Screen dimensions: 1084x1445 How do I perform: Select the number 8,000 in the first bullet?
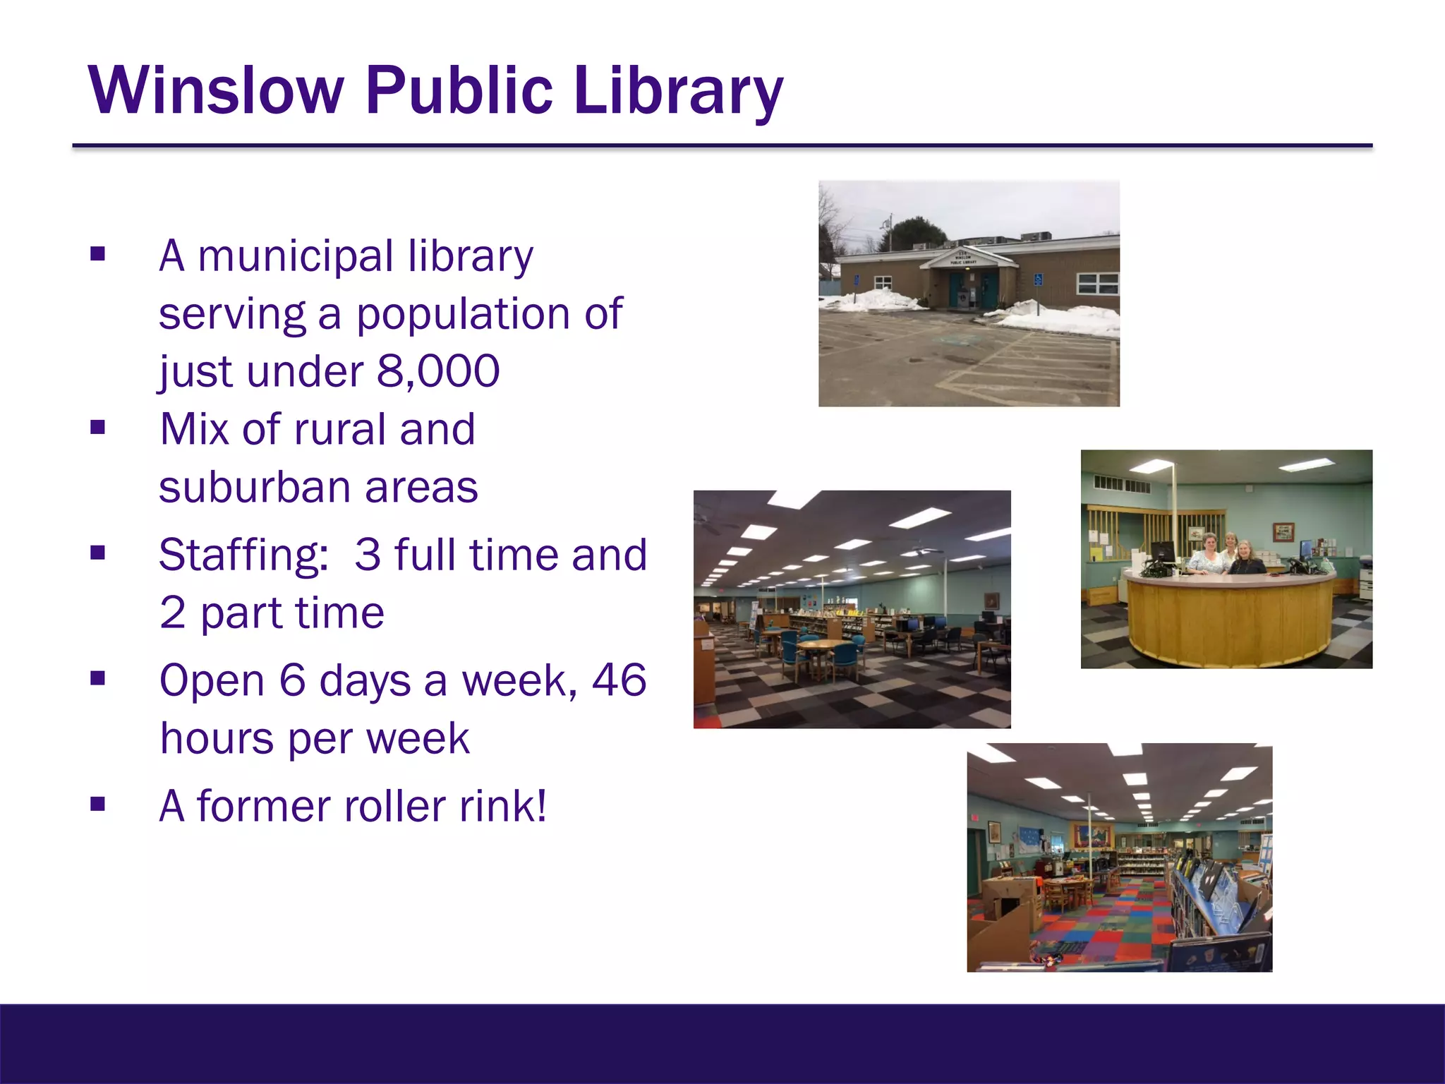(438, 371)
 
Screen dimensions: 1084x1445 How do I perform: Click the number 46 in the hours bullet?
(619, 680)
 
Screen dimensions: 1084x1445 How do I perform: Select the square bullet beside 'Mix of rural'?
(98, 428)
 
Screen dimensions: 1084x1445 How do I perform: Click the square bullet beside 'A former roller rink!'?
(98, 805)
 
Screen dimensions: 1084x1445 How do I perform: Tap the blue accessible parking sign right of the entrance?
(1038, 280)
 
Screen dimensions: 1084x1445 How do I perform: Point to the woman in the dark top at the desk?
(1247, 560)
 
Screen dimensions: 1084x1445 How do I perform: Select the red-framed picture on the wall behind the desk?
(1283, 531)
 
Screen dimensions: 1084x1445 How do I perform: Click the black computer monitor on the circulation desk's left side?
(1162, 552)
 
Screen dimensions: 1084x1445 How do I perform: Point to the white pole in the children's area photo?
(1092, 840)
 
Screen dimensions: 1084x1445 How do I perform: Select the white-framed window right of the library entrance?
(1097, 284)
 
